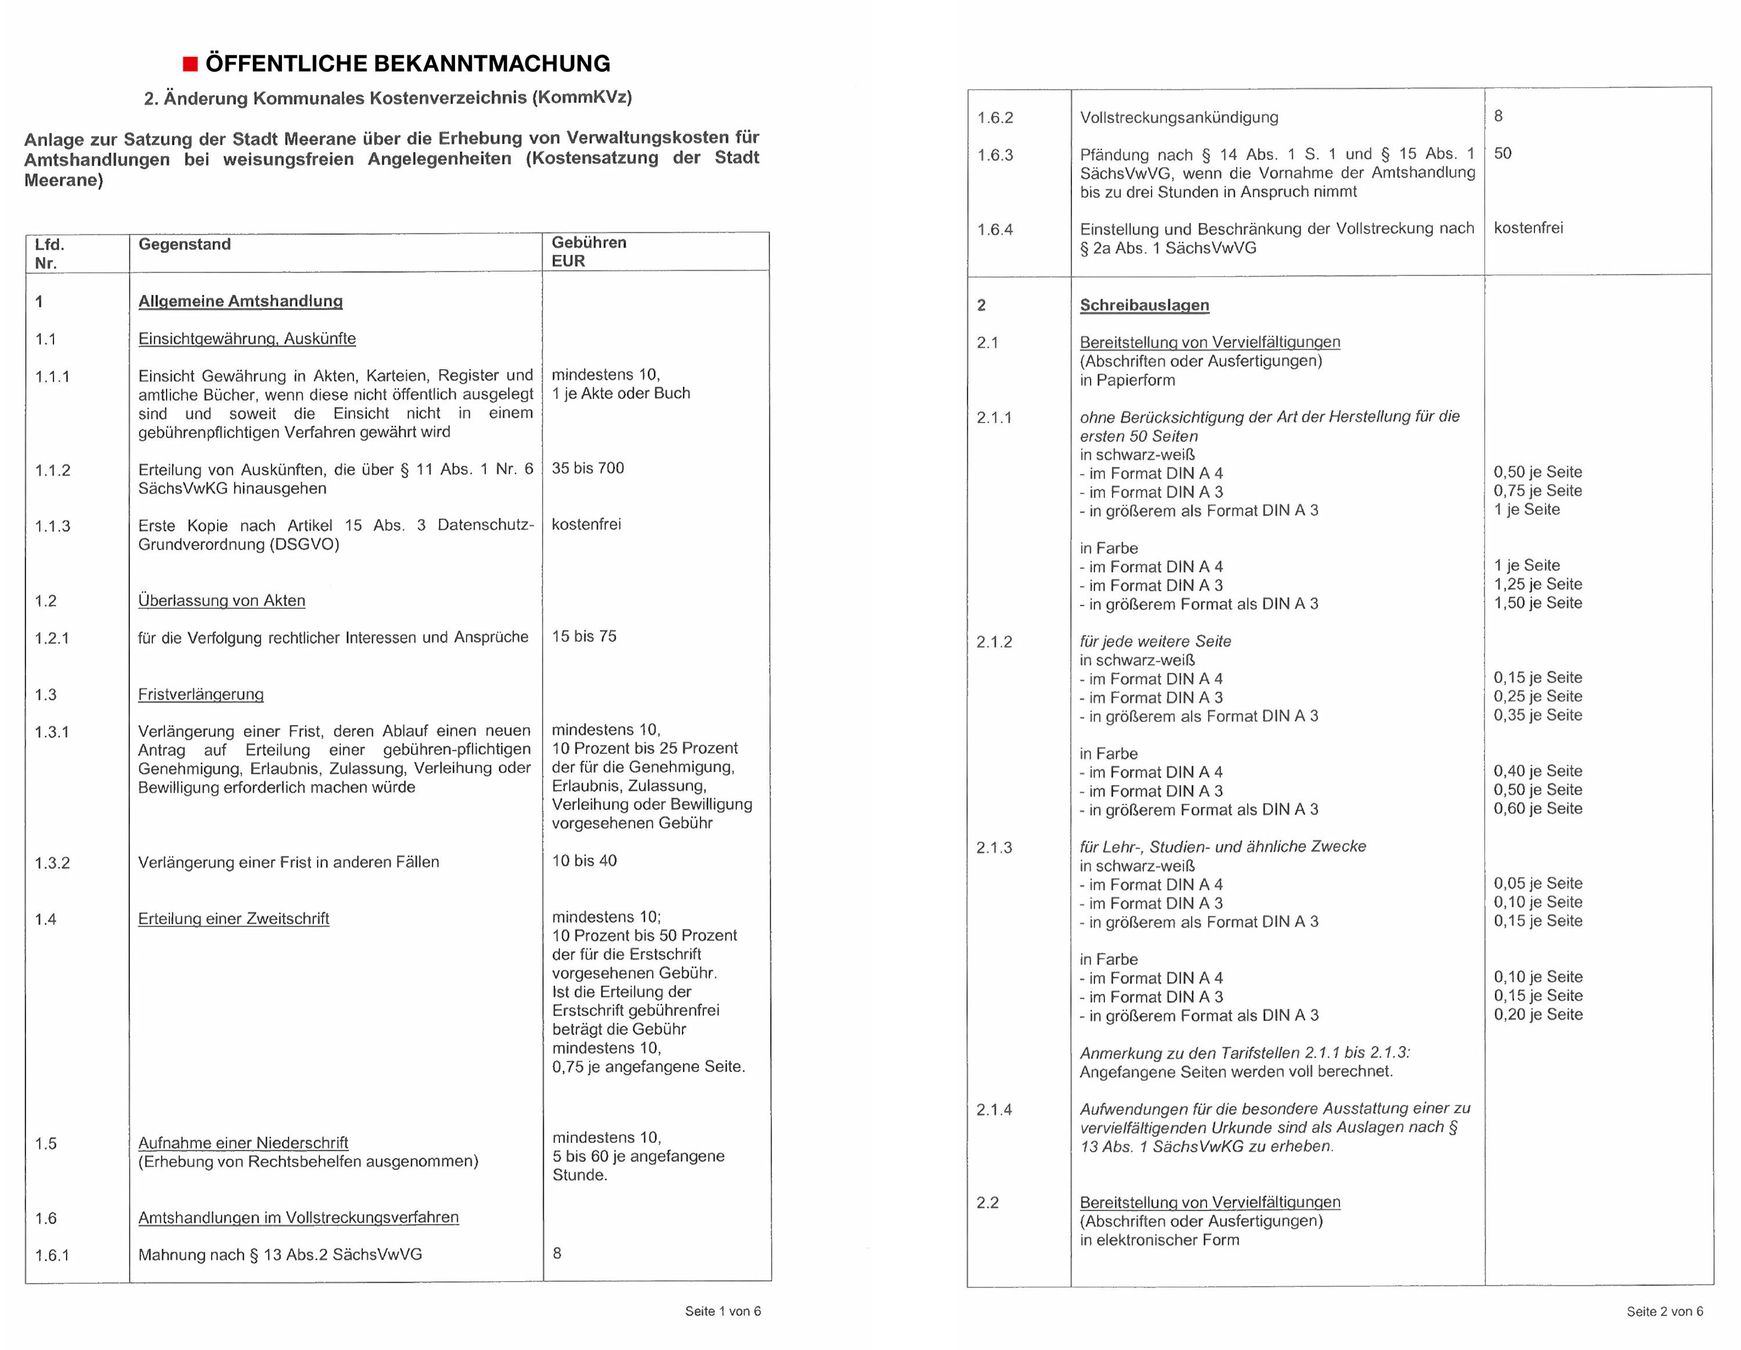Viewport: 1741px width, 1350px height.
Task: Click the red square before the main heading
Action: (190, 64)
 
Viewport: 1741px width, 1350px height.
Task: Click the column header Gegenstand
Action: (184, 244)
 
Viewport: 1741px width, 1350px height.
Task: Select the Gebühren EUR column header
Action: (588, 251)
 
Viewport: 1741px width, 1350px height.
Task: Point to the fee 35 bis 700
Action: (587, 468)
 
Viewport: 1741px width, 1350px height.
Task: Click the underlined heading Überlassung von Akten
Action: (222, 601)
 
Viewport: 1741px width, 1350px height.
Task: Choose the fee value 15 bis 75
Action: (584, 636)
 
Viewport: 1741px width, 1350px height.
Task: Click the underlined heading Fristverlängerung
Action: (201, 695)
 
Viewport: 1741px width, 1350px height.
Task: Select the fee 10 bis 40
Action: (584, 860)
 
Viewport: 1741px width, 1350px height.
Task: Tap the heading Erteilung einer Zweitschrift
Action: (233, 919)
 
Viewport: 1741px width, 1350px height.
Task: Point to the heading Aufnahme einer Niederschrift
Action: (243, 1143)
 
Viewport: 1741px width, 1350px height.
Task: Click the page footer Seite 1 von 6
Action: (723, 1311)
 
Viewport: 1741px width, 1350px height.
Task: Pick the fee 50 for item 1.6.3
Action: (1502, 153)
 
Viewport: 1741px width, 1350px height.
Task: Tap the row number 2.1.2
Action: (994, 642)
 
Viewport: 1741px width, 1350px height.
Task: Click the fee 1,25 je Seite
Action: (1538, 584)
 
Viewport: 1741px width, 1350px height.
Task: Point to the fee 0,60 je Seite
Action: (1538, 808)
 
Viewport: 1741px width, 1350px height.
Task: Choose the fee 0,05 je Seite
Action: (1538, 883)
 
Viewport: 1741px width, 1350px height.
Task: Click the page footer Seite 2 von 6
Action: (1664, 1312)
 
